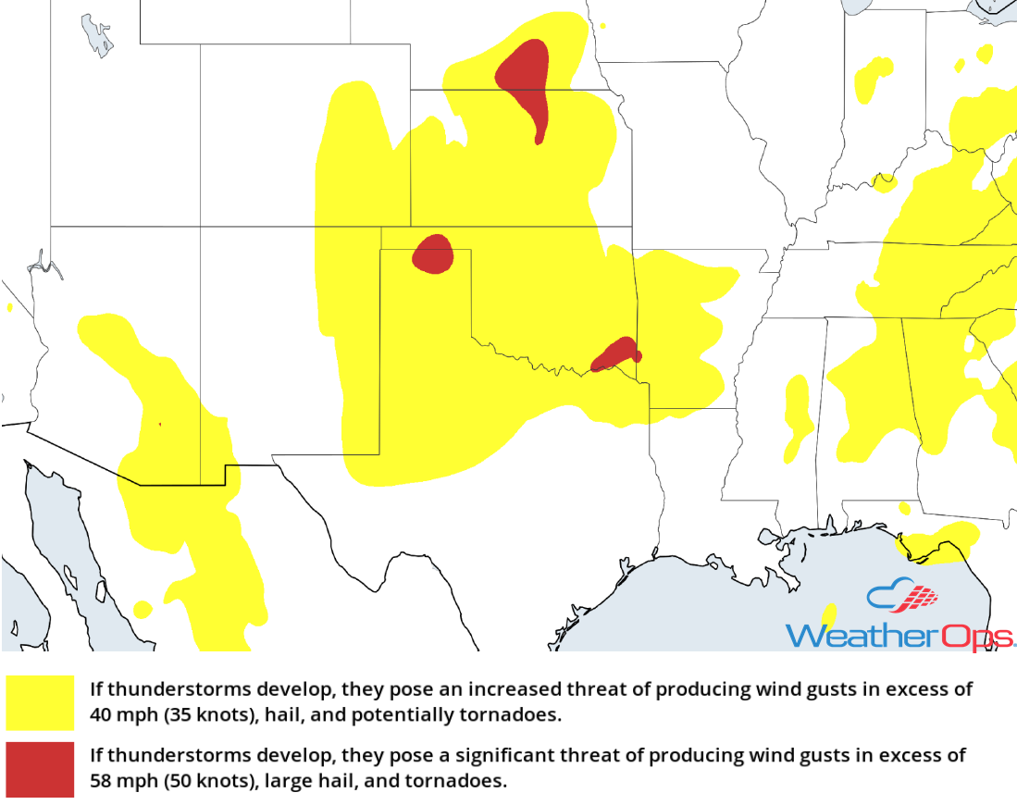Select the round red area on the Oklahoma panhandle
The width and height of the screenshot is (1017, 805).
[432, 254]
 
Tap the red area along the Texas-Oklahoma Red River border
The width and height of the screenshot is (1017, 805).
[616, 353]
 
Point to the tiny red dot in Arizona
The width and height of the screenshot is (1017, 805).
[159, 425]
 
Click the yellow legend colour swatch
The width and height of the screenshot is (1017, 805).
[40, 702]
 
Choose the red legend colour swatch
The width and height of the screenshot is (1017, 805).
[40, 769]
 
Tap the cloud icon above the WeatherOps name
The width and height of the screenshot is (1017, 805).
[901, 597]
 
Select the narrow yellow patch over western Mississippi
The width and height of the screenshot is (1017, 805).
[797, 416]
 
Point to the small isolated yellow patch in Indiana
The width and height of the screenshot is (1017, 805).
[870, 79]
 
